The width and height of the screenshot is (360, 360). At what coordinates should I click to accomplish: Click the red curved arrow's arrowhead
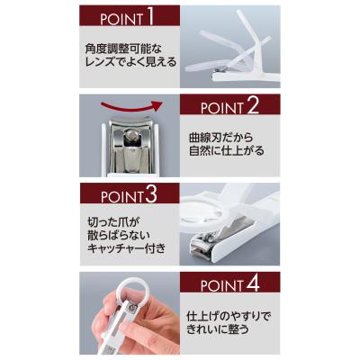(157, 105)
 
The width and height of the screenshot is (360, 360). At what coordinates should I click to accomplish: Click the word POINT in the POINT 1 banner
(121, 20)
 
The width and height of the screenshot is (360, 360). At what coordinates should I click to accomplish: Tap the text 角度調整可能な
(123, 49)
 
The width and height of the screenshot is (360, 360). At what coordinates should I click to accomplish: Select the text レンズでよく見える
(130, 62)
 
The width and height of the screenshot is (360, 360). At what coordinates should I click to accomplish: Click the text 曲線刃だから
(220, 138)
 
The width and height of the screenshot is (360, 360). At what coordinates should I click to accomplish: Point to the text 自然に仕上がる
(227, 150)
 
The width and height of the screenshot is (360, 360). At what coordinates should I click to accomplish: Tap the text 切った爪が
(113, 223)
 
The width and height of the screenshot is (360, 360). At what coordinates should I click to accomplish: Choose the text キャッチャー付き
(126, 248)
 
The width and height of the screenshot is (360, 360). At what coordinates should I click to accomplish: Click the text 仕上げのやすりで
(229, 317)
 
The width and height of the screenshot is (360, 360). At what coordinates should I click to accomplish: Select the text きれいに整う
(218, 329)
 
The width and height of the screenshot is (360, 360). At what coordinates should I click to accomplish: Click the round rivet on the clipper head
(131, 136)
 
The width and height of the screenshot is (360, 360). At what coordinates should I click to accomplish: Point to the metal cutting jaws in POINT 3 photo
(202, 246)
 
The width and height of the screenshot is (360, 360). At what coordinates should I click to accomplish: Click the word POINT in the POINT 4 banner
(222, 286)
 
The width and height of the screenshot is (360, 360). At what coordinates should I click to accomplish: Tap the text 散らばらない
(118, 236)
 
